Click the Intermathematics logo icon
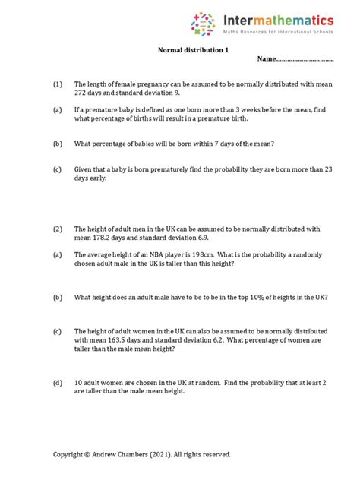tap(203, 24)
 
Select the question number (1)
tap(57, 85)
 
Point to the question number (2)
tap(57, 228)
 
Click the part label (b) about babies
tap(57, 144)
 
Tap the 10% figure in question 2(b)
tap(254, 298)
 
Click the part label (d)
tap(57, 384)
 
